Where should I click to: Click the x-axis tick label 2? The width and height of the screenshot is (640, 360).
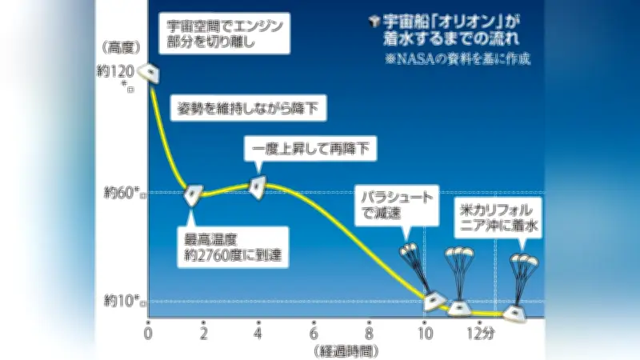(204, 334)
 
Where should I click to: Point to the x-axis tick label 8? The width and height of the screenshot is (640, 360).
(369, 334)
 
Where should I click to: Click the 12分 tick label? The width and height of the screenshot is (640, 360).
(483, 334)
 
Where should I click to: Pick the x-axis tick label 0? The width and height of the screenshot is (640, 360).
(149, 334)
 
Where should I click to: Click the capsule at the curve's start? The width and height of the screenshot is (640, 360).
(146, 74)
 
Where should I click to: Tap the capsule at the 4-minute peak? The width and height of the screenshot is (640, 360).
(256, 187)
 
